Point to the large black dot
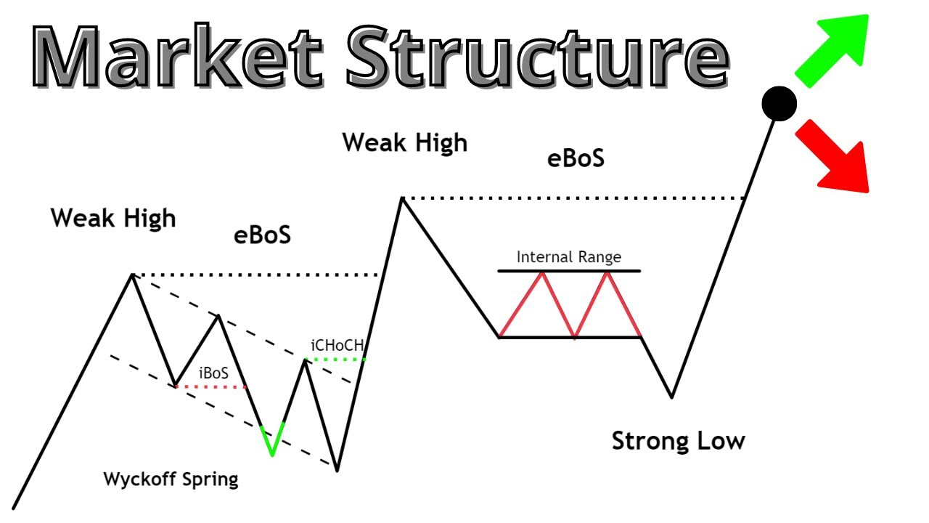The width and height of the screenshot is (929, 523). (779, 104)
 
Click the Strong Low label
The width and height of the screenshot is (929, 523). (678, 441)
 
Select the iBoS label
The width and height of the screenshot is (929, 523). (213, 373)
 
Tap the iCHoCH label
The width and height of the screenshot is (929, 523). (337, 346)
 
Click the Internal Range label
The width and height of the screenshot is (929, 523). (568, 257)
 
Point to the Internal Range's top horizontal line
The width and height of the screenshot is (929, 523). (568, 271)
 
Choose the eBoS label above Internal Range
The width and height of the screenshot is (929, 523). (576, 159)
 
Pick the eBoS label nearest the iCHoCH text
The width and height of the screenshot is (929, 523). (262, 235)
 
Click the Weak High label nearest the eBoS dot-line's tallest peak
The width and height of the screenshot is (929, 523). (404, 142)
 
